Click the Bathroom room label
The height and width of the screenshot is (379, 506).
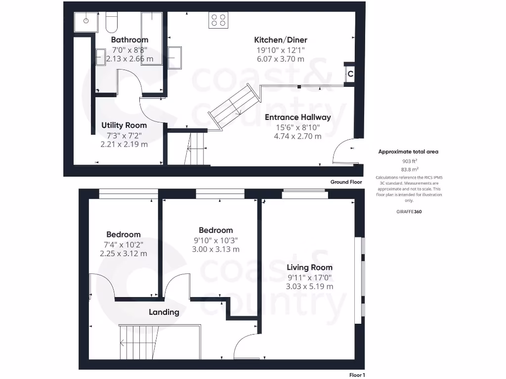[129, 39]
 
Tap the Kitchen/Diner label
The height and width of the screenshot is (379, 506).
[280, 39]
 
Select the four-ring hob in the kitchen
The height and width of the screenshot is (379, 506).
[218, 20]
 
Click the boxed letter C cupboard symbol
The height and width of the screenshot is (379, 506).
[350, 74]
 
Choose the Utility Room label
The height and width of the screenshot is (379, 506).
[124, 125]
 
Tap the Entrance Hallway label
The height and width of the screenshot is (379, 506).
[297, 117]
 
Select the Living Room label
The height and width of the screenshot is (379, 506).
[309, 267]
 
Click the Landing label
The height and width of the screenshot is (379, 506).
[164, 312]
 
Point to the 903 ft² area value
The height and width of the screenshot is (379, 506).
[408, 161]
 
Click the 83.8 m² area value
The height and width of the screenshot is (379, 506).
[408, 169]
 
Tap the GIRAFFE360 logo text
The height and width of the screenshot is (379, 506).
[409, 211]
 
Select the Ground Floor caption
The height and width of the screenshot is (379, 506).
[346, 182]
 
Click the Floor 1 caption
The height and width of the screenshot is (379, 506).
[356, 375]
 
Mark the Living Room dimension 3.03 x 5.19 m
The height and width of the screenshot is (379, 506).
[309, 286]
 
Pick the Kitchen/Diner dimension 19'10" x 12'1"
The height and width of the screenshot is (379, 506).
[280, 50]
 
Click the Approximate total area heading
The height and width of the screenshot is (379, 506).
[408, 152]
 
